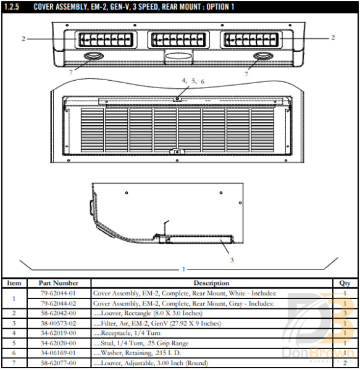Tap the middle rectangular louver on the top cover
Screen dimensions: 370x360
(x=178, y=41)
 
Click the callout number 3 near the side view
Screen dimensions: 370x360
(x=232, y=260)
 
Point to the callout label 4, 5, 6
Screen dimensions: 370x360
(x=193, y=81)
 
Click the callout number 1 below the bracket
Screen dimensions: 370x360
(x=183, y=269)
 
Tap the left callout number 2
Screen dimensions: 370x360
(x=23, y=38)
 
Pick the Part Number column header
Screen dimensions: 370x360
(x=58, y=283)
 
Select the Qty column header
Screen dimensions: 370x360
(x=344, y=283)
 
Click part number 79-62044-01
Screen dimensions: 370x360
(x=58, y=294)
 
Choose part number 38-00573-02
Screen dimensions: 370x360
(x=58, y=323)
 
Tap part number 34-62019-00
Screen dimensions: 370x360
(x=58, y=333)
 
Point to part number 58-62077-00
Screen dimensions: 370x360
(x=58, y=363)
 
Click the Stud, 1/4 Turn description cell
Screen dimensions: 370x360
(x=142, y=343)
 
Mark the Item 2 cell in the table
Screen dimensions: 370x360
(x=14, y=313)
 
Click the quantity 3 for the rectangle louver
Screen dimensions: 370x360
(x=344, y=313)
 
